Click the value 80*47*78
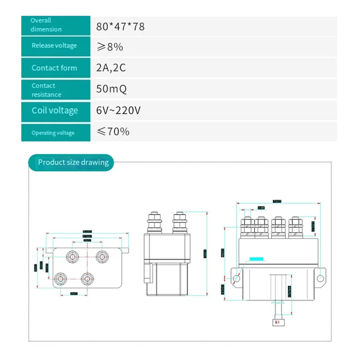click(121, 27)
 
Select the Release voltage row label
click(54, 45)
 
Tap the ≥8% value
click(110, 47)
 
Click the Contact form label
click(54, 68)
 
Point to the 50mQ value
click(112, 89)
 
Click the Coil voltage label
click(54, 111)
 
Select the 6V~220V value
click(119, 111)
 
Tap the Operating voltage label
click(53, 133)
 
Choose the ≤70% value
click(113, 132)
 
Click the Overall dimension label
click(46, 25)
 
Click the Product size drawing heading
click(73, 162)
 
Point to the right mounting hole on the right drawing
click(320, 279)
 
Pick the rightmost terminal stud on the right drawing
click(295, 227)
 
